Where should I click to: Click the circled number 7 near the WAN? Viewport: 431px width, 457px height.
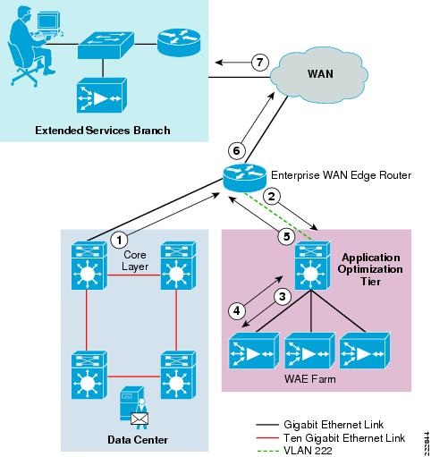point(259,63)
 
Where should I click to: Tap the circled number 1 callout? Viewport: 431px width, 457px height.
point(119,240)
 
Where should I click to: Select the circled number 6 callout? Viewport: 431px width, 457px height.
point(236,150)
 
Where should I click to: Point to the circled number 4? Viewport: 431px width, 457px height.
point(237,311)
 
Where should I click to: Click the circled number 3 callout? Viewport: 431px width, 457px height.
point(282,296)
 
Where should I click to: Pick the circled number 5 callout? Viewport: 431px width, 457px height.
point(286,237)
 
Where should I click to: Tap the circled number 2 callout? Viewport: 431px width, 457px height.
point(272,197)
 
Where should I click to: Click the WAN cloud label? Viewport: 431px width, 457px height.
point(320,73)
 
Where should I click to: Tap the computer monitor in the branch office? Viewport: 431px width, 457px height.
point(47,21)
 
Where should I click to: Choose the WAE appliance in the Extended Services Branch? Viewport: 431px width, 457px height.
point(102,96)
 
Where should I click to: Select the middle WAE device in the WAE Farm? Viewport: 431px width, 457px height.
point(310,351)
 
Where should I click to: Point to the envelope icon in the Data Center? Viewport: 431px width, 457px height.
point(139,419)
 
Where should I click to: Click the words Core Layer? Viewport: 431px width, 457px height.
point(135,260)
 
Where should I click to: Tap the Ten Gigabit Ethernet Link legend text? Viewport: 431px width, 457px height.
point(344,437)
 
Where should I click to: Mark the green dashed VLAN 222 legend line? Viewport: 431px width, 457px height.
point(267,451)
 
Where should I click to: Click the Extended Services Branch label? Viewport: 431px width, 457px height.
point(103,131)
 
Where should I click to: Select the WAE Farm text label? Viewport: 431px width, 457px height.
point(310,378)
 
